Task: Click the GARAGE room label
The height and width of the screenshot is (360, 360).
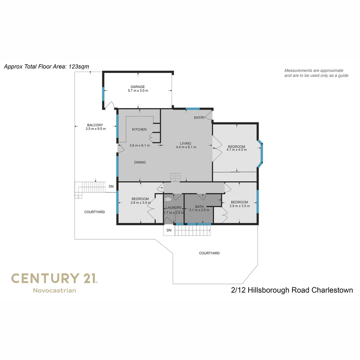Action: point(138,87)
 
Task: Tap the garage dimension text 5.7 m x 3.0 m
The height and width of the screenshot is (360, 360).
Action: point(138,91)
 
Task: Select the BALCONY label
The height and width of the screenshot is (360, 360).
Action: point(95,125)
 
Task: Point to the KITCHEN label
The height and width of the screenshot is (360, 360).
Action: point(139,129)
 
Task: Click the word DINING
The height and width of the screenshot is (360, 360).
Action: point(140,162)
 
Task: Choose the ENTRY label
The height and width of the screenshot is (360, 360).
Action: point(199,118)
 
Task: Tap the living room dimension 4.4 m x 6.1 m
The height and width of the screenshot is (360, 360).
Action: point(186,147)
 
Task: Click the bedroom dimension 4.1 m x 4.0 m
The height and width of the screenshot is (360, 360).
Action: point(236,150)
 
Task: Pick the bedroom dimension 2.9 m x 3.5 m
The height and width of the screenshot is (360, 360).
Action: point(239,206)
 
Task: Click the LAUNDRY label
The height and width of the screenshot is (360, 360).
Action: point(173,208)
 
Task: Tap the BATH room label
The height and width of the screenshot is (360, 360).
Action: point(199,207)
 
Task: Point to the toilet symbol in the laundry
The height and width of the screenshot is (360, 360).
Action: point(168,200)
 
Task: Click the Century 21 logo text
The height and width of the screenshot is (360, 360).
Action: point(54,278)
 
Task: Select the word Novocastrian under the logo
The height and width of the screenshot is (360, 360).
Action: point(54,290)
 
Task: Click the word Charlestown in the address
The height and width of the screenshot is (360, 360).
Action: point(332,290)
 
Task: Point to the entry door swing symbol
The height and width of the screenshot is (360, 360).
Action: point(209,116)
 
